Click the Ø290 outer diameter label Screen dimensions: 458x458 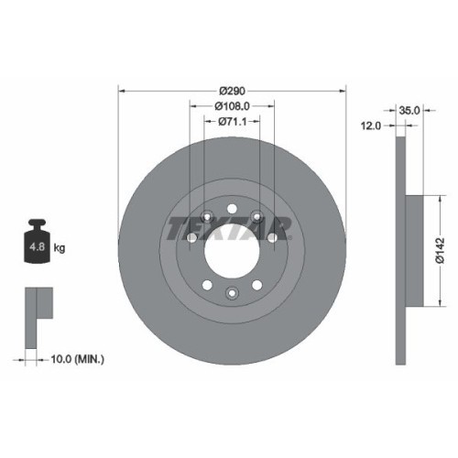(233, 91)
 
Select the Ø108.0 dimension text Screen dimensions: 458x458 (233, 106)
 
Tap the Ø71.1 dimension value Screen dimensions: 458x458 (233, 123)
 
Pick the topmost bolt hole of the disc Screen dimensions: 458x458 (233, 207)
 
